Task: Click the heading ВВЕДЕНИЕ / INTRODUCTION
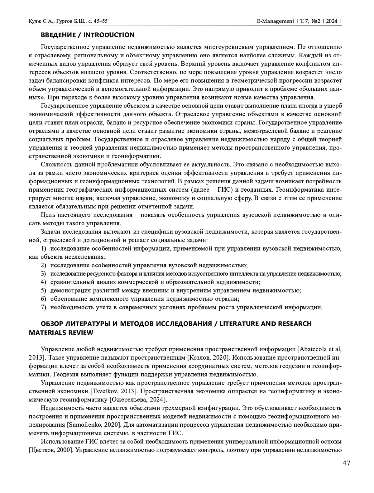click(x=88, y=35)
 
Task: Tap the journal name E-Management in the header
click(x=275, y=21)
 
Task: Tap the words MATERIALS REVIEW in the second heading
click(x=61, y=333)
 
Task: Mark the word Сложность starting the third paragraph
click(x=54, y=164)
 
